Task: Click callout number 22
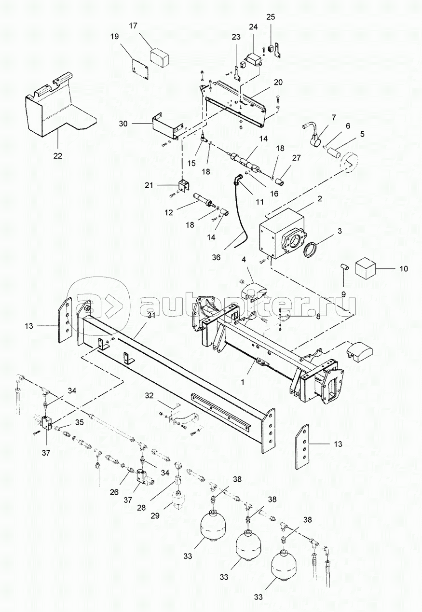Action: pos(58,156)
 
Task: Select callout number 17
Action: pos(133,26)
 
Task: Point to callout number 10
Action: pos(404,269)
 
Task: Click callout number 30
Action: pos(123,124)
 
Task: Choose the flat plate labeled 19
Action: pos(140,69)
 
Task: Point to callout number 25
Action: pos(271,17)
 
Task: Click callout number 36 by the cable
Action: pos(216,257)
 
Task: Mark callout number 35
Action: pos(79,422)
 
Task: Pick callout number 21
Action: pos(149,185)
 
